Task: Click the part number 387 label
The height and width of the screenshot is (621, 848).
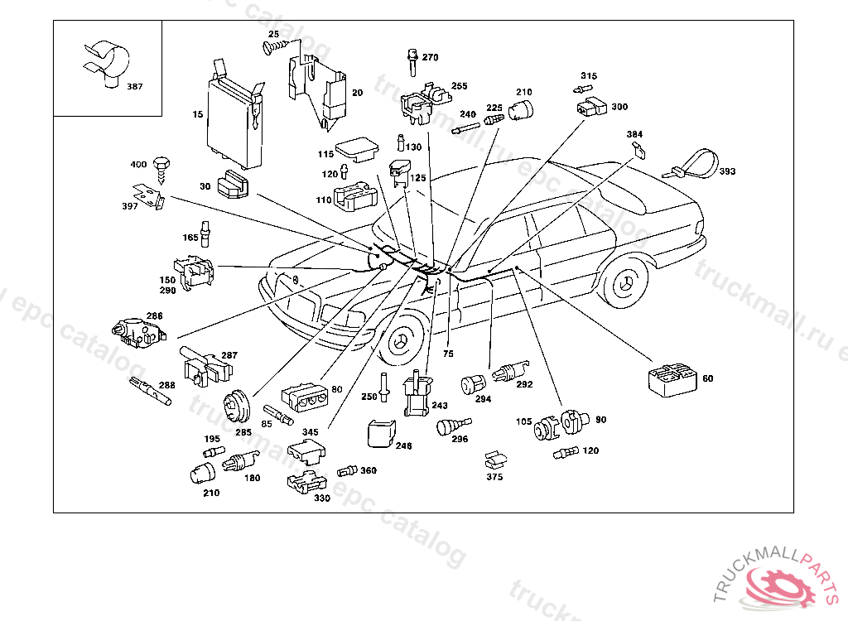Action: pos(134,86)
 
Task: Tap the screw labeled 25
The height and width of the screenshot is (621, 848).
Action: pos(270,48)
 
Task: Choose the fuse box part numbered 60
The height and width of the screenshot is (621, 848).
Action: pos(672,379)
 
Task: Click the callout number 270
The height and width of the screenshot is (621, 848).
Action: pos(431,58)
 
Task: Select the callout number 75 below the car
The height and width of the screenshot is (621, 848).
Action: pos(448,354)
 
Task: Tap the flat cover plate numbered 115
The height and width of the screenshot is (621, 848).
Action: pos(357,150)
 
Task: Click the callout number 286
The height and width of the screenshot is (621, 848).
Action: pos(155,316)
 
